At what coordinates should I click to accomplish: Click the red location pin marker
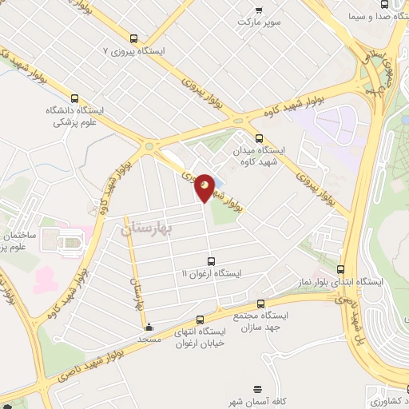205,187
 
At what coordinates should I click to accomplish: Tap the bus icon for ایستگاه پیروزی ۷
133,38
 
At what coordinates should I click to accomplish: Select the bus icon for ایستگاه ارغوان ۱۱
211,260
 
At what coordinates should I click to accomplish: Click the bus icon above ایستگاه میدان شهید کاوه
258,137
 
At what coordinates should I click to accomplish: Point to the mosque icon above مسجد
148,327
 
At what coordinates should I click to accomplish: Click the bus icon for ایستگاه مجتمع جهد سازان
261,304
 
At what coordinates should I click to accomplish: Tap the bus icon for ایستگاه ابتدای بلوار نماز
341,270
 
